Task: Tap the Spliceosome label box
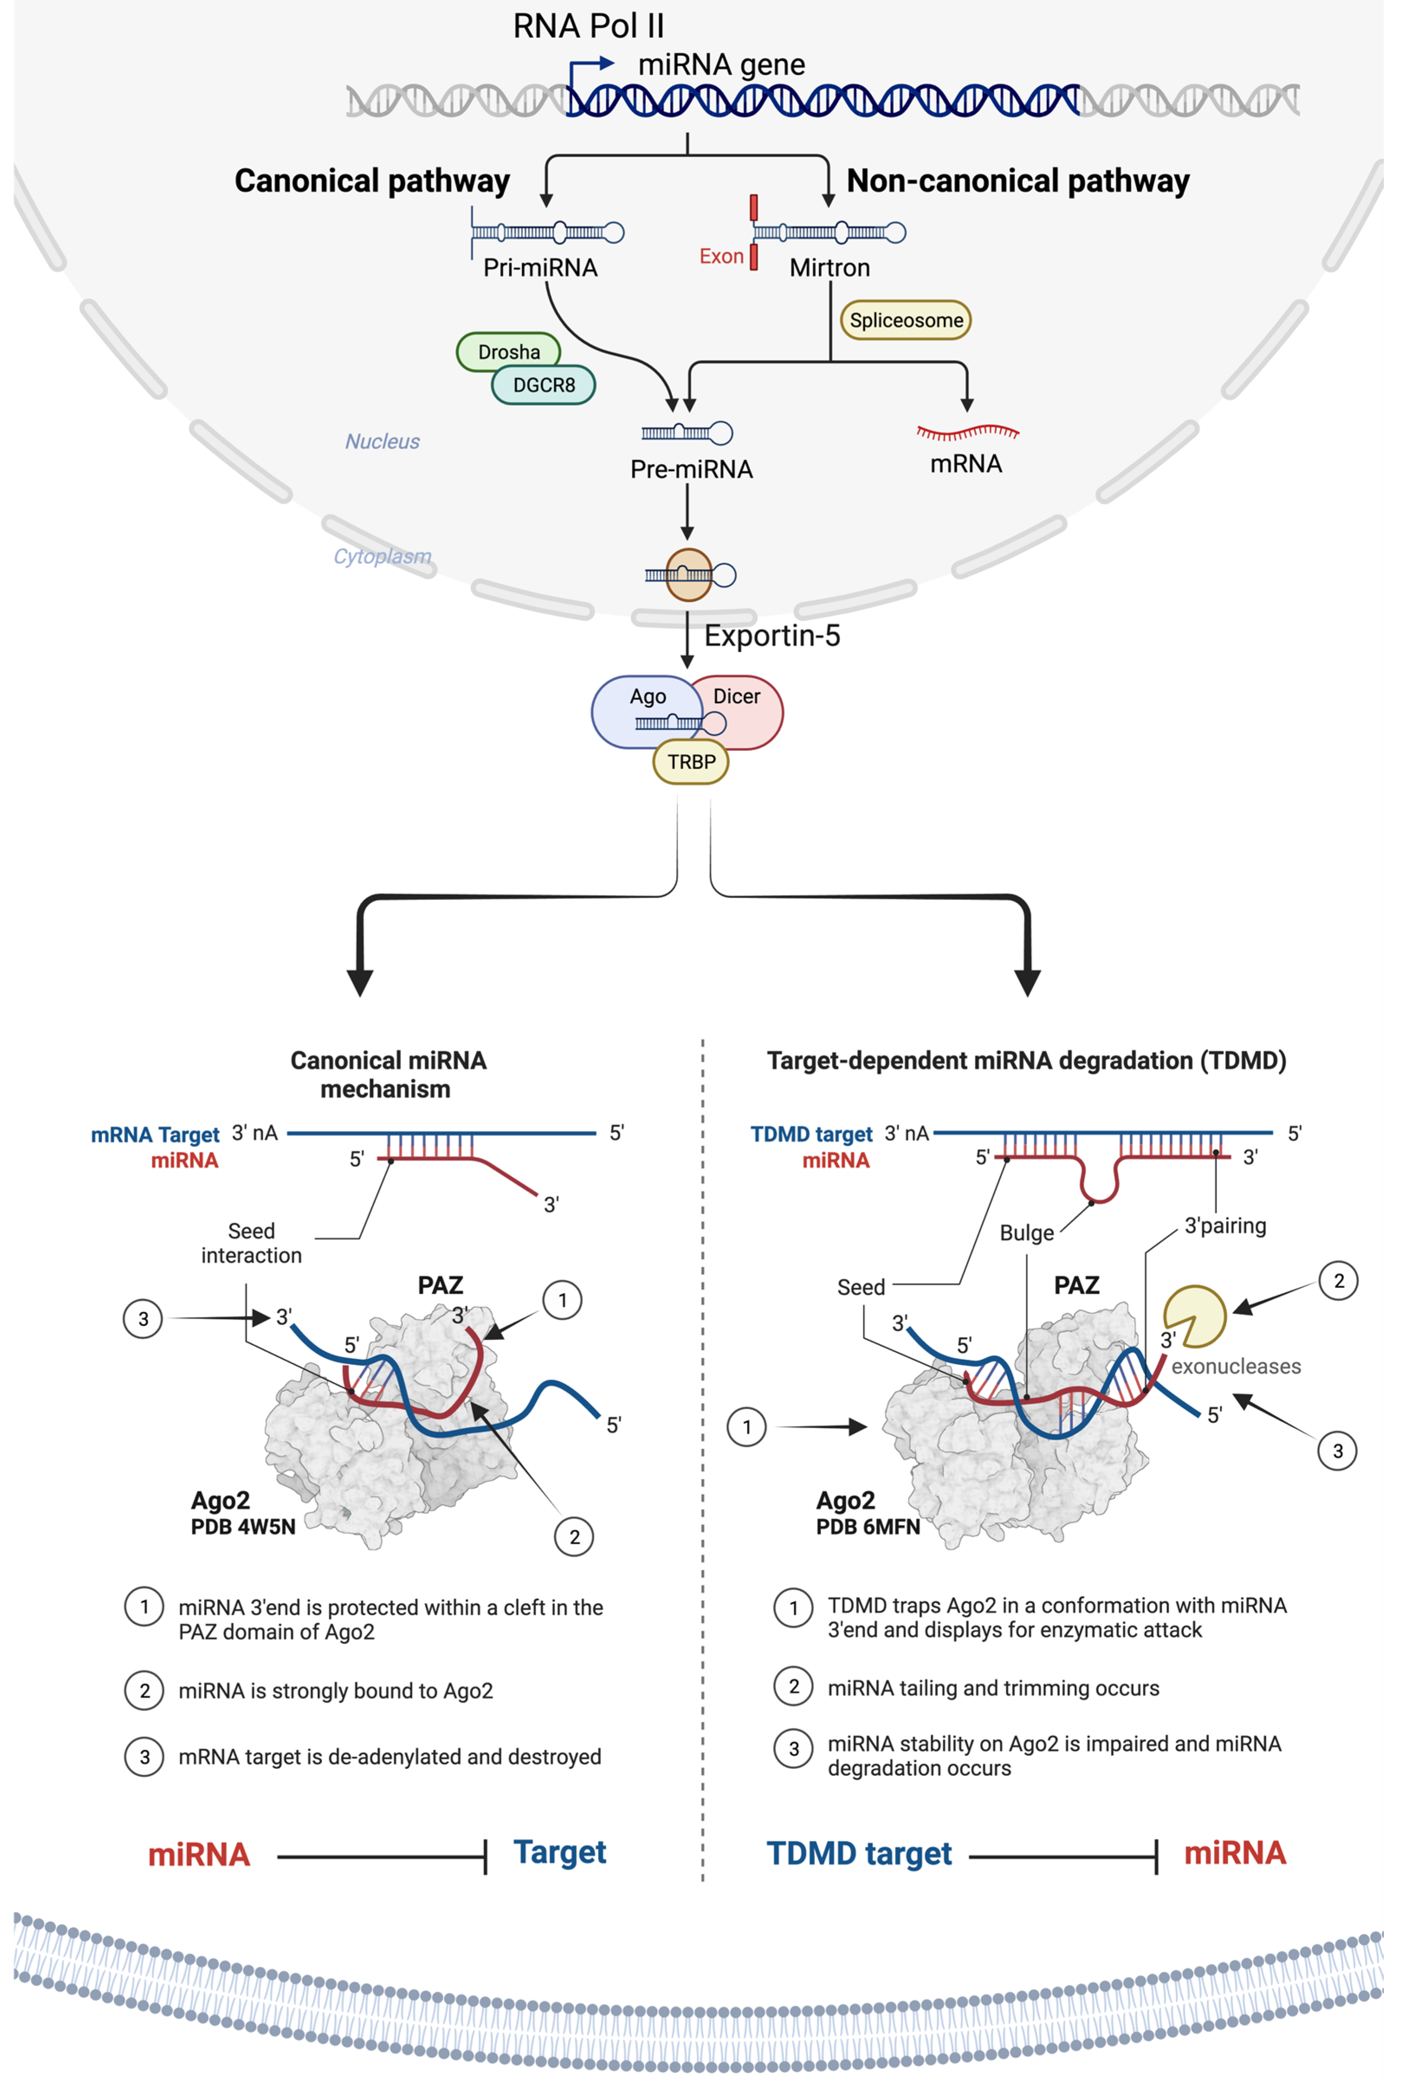pos(906,320)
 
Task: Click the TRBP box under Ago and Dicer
pos(691,762)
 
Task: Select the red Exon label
pos(720,257)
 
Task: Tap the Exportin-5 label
pos(772,636)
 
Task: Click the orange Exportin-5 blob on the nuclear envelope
pos(688,575)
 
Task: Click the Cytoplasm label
pos(382,556)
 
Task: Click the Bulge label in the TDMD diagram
pos(1027,1233)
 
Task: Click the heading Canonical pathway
pos(372,181)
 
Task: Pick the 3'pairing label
pos(1225,1226)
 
